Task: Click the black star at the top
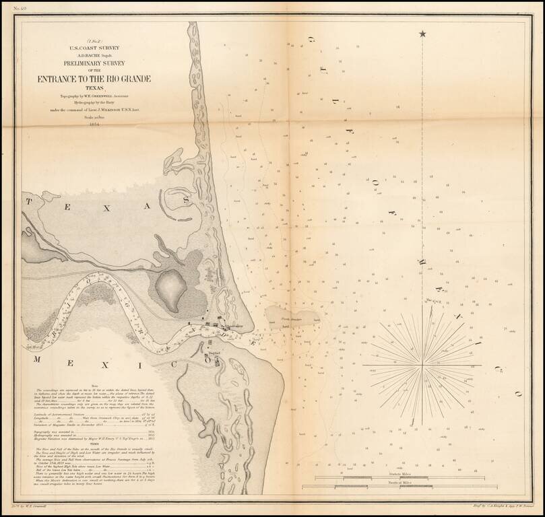[x=422, y=34]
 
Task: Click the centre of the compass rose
[x=422, y=365]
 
